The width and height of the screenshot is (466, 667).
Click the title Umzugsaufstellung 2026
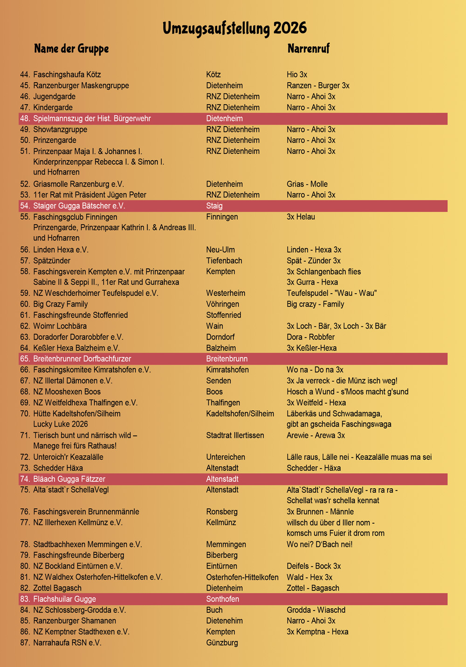pos(234,28)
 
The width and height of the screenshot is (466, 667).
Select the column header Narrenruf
pos(308,49)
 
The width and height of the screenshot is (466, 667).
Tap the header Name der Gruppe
pos(71,49)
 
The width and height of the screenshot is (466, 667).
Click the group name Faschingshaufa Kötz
pos(67,75)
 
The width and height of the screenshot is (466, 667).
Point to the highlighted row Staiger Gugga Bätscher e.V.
pos(79,206)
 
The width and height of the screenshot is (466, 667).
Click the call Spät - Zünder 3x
pos(313,260)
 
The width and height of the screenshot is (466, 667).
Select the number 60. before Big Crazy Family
pos(25,304)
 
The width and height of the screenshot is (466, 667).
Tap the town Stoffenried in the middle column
pos(224,315)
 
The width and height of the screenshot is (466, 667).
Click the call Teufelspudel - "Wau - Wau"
pos(331,293)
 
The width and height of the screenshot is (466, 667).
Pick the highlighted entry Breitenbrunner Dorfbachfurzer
pos(82,359)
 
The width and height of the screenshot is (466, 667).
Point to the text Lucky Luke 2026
pos(60,424)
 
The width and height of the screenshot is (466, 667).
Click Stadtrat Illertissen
pos(235,435)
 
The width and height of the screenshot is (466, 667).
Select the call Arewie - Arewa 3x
pos(315,435)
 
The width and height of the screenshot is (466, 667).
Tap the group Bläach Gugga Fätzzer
pos(69,479)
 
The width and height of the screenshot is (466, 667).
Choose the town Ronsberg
pos(222,512)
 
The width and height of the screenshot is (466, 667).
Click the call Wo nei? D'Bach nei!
pos(319,544)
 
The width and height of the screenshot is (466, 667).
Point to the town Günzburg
pos(222,643)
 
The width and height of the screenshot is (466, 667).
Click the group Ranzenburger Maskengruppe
pos(81,85)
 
